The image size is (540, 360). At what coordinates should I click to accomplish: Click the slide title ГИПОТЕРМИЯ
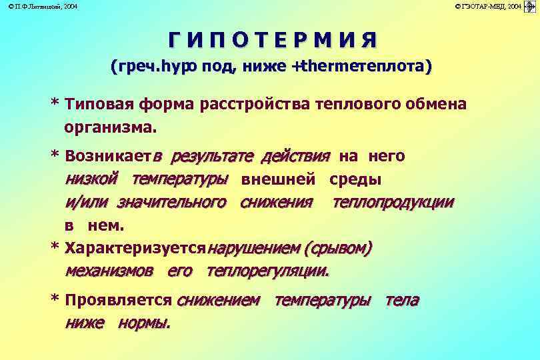272,40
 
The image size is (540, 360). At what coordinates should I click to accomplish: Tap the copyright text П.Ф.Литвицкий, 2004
39,6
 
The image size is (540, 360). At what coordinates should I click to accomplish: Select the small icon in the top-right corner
531,6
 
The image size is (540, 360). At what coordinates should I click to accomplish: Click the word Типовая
99,105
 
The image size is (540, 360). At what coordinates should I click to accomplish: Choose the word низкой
92,179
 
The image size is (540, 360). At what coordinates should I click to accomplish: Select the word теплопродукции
393,202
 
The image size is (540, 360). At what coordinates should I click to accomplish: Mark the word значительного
172,202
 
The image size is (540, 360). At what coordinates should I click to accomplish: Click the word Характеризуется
135,249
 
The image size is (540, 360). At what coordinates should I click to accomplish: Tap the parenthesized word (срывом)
337,249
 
